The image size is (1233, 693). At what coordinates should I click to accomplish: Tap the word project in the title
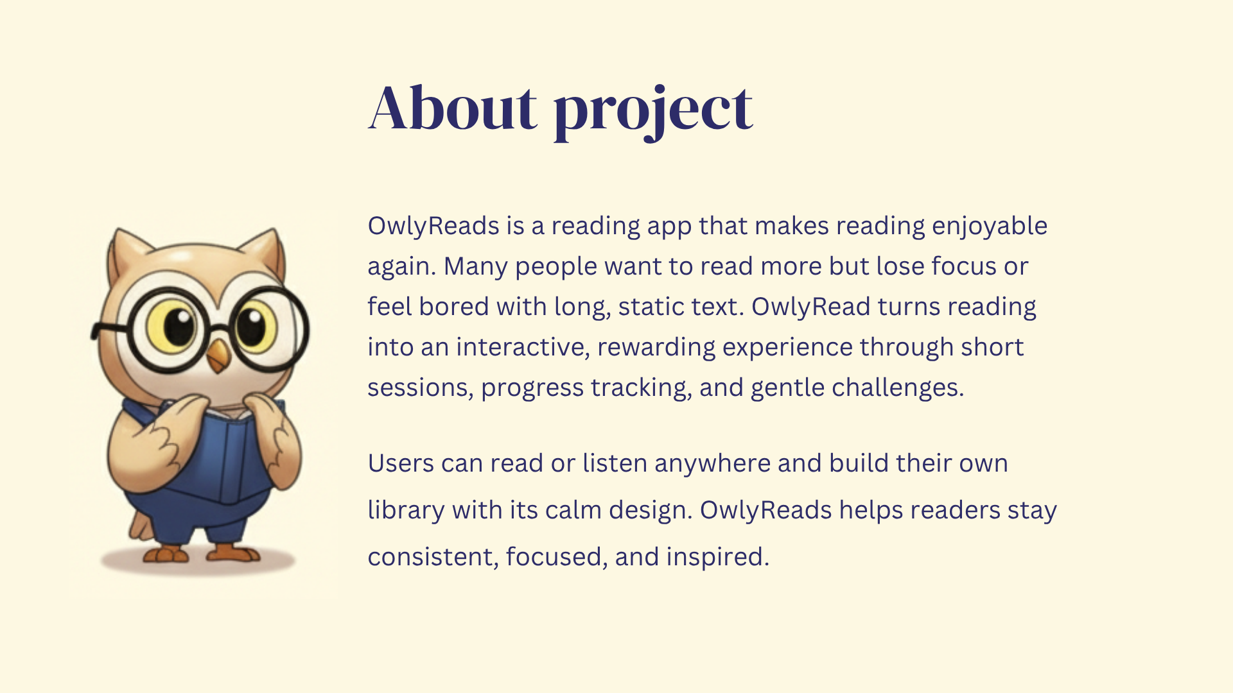coord(653,112)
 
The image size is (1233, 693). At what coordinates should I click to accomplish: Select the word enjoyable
coord(990,227)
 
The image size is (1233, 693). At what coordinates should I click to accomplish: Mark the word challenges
coord(898,388)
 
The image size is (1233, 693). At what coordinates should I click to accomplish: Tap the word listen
coord(615,463)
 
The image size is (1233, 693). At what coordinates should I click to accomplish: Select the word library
coord(406,511)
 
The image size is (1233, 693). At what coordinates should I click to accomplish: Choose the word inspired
coord(717,558)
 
